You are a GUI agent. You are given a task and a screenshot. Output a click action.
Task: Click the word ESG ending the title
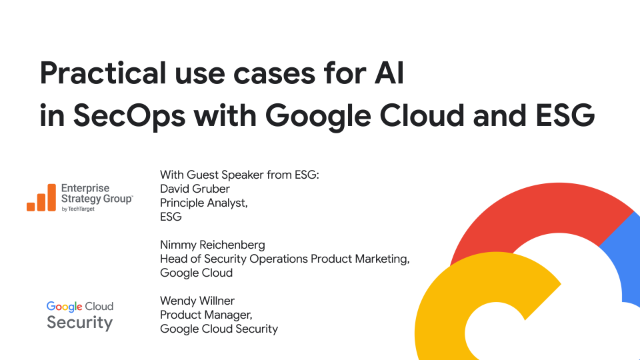point(561,116)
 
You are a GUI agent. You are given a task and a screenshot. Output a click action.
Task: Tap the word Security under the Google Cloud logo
point(80,323)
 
